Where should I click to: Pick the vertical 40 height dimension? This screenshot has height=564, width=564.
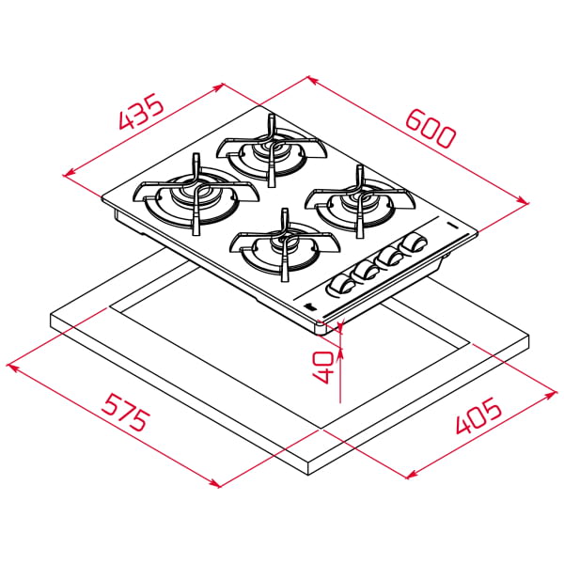(321, 362)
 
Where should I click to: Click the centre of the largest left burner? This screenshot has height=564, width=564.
(196, 195)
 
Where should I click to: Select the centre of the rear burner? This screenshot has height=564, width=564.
(271, 149)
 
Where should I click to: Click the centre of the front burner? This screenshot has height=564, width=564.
(279, 245)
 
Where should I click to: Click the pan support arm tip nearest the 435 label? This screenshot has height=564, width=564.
(196, 157)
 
